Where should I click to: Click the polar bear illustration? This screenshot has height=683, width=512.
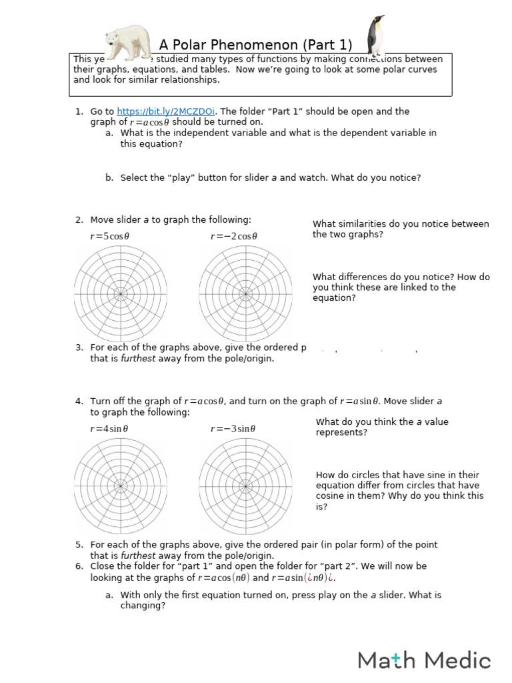pyautogui.click(x=129, y=42)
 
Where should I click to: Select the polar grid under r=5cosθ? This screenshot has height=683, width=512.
pyautogui.click(x=121, y=293)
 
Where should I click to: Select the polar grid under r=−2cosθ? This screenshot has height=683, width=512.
pyautogui.click(x=245, y=293)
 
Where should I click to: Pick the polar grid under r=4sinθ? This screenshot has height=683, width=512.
pyautogui.click(x=121, y=486)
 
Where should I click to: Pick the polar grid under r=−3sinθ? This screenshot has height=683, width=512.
pyautogui.click(x=245, y=486)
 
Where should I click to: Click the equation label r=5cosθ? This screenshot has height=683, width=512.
pyautogui.click(x=110, y=236)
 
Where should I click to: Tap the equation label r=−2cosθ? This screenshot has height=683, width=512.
pyautogui.click(x=234, y=236)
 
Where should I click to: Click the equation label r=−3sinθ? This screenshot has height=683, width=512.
pyautogui.click(x=233, y=429)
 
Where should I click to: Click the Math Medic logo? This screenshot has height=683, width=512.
pyautogui.click(x=424, y=660)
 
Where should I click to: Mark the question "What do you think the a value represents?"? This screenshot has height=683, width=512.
pyautogui.click(x=381, y=427)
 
